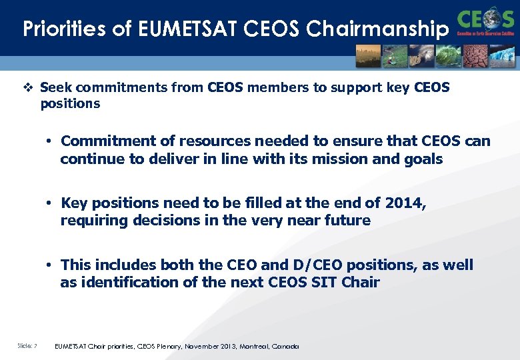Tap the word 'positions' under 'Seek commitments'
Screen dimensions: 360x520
coord(70,104)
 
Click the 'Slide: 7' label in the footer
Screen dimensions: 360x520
coord(27,345)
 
